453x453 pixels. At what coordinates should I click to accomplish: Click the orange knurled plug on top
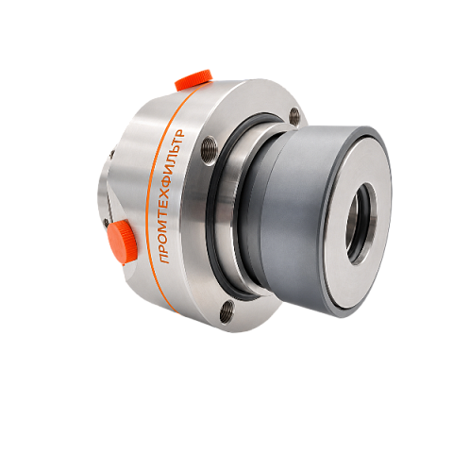[x=193, y=80]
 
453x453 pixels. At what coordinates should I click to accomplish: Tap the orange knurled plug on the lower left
[x=123, y=242]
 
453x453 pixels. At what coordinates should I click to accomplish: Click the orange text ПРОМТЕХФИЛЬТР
[x=172, y=196]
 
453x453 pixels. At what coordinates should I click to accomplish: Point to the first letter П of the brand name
[x=164, y=258]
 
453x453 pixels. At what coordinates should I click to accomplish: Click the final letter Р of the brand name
[x=179, y=134]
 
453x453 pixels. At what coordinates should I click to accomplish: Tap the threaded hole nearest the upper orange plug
[x=295, y=115]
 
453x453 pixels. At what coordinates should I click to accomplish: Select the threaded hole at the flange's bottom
[x=226, y=311]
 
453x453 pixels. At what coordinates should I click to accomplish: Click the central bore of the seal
[x=361, y=224]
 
